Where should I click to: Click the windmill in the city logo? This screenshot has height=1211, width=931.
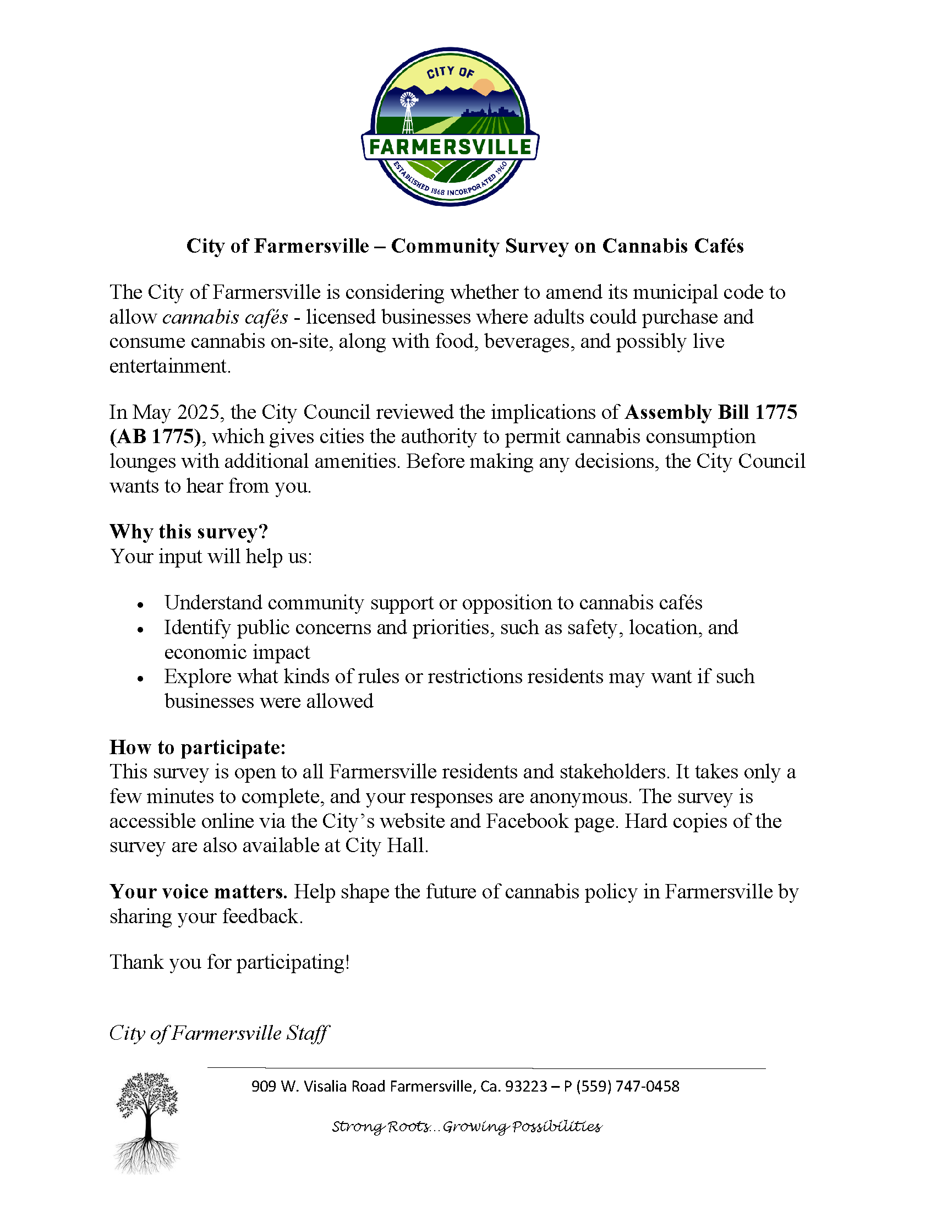point(408,111)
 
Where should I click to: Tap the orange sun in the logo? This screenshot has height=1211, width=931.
point(484,88)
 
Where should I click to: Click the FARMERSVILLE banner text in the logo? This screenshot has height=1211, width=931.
point(450,147)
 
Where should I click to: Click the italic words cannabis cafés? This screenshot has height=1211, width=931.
point(225,317)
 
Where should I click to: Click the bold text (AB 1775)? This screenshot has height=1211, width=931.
point(156,437)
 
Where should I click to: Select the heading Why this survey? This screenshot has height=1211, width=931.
point(188,532)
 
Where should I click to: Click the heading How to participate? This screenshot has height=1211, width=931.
point(198,747)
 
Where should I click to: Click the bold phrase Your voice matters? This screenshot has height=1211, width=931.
point(199,892)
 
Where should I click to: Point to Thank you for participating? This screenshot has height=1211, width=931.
point(229,962)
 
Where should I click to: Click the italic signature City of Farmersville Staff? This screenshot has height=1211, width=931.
point(219,1033)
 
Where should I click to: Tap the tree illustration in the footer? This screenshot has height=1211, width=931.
point(147,1122)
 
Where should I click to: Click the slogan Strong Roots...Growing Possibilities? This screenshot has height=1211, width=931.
point(467,1127)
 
